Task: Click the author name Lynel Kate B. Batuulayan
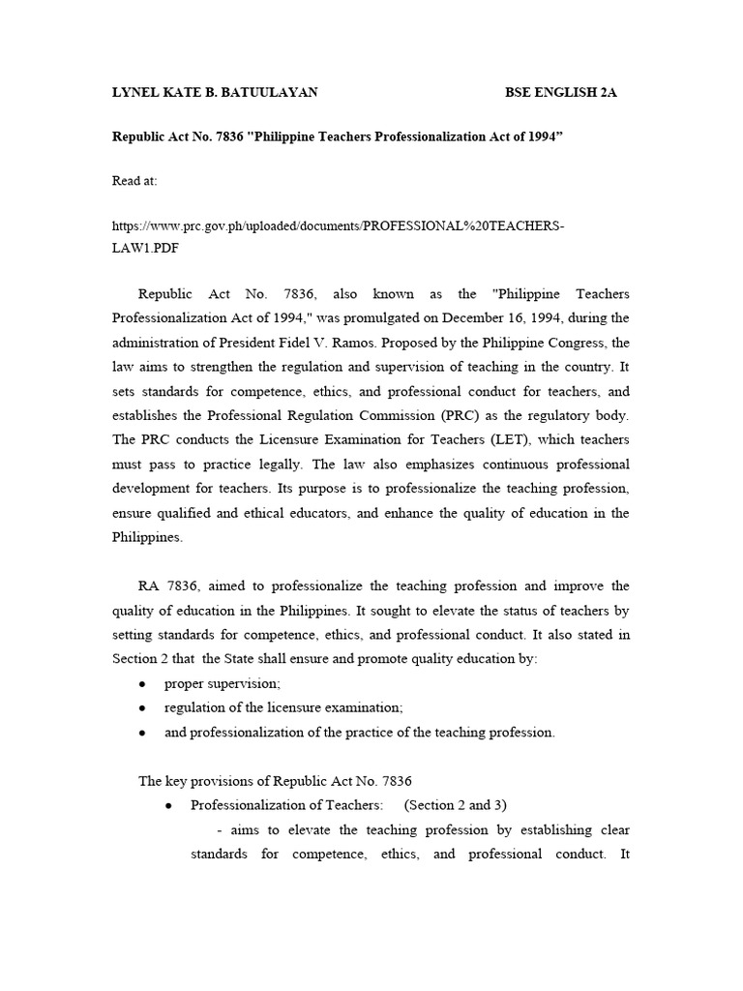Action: [216, 93]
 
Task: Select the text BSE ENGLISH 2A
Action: [560, 93]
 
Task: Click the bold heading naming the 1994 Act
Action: [338, 136]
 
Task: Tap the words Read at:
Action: [134, 180]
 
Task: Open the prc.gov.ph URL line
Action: [338, 225]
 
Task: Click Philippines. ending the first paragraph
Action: [147, 537]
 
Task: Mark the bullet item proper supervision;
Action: [222, 683]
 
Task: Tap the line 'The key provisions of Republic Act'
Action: [263, 781]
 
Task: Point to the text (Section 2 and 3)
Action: [456, 805]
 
